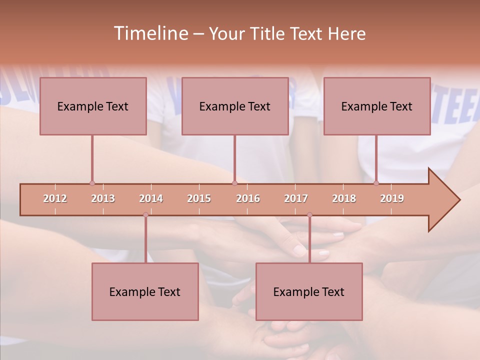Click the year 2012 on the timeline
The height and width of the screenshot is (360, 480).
55,198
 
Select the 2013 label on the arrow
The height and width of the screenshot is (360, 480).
103,198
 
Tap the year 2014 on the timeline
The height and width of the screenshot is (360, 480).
151,198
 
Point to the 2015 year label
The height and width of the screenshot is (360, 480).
199,198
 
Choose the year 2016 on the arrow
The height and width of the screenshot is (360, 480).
248,198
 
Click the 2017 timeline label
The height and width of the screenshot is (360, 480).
296,198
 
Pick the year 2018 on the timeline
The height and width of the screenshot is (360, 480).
344,198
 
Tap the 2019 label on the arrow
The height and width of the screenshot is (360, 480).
392,198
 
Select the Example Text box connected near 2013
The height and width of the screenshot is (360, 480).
93,106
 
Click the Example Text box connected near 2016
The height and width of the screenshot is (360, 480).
235,106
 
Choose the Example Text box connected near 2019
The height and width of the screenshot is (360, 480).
377,106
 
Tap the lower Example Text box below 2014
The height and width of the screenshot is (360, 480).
145,291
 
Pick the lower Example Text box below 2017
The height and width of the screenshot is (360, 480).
309,291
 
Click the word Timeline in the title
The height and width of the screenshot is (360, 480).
150,33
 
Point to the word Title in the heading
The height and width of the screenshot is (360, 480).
269,33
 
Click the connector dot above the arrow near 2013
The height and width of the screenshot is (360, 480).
92,183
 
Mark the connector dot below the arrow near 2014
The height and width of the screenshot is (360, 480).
145,215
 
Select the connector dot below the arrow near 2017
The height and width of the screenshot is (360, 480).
309,215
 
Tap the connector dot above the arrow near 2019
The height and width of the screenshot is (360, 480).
376,183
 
